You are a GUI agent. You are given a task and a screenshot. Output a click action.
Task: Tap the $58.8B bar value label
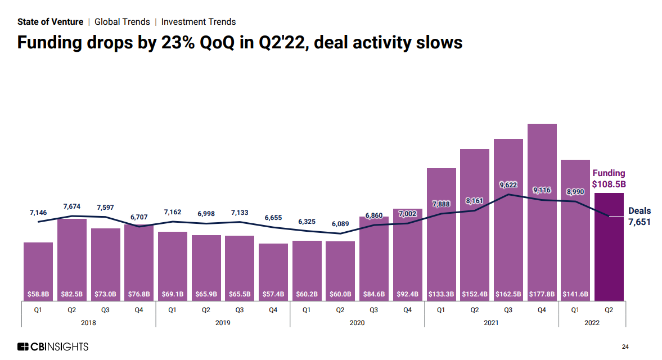(38, 294)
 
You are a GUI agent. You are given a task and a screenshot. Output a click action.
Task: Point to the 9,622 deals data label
(508, 184)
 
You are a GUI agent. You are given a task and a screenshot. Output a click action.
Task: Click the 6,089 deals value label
(340, 223)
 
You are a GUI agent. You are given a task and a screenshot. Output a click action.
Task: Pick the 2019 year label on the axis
(223, 323)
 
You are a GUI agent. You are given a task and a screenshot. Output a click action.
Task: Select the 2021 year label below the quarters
(491, 323)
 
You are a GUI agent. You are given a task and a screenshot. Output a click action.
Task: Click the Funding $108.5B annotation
(609, 178)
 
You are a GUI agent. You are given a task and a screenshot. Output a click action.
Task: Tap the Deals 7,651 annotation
(639, 217)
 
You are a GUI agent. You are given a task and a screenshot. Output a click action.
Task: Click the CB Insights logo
(53, 346)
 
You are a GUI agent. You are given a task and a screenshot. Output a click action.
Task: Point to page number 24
(625, 346)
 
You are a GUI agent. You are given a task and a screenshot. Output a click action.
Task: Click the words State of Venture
(50, 22)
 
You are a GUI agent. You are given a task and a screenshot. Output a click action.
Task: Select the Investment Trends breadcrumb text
(199, 22)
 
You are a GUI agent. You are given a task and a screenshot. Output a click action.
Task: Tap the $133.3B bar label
(441, 294)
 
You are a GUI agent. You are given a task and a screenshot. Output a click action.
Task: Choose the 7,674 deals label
(71, 207)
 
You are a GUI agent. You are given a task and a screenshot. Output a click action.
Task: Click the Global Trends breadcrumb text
(122, 22)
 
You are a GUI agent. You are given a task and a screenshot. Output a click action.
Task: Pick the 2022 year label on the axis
(592, 323)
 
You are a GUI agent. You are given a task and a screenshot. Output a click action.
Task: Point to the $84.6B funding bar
(374, 258)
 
